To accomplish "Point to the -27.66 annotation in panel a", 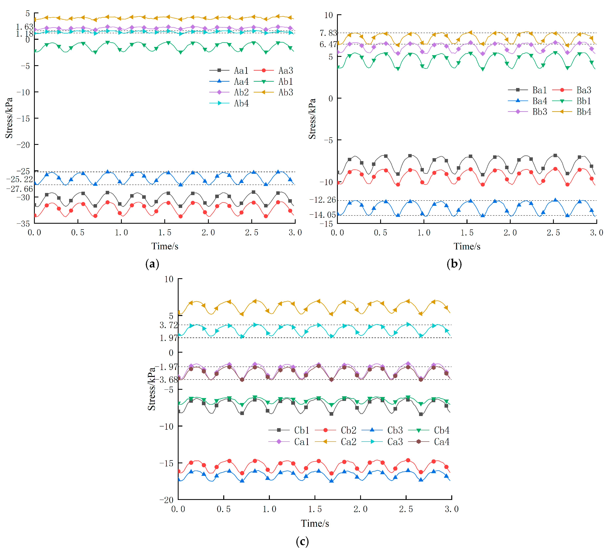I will tap(20, 189).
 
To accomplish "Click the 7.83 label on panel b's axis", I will tap(328, 33).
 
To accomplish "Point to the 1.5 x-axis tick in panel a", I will tap(165, 233).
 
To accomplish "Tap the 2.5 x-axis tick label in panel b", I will tap(553, 233).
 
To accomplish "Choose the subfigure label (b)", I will tap(454, 264).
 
